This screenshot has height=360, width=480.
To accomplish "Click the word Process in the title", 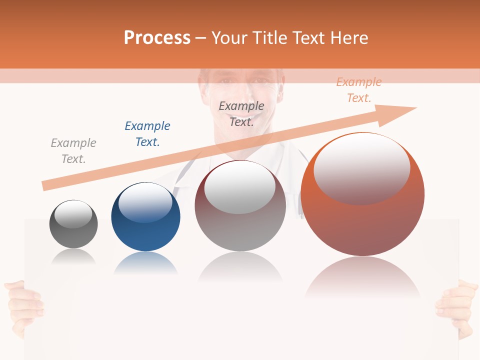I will (x=157, y=38).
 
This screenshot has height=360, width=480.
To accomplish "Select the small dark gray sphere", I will (x=73, y=224).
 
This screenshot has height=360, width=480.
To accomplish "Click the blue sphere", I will (x=145, y=217).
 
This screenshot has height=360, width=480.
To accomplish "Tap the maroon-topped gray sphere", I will (x=240, y=205).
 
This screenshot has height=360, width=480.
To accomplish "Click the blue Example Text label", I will (x=147, y=134).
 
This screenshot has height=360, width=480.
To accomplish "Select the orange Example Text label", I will (x=359, y=90).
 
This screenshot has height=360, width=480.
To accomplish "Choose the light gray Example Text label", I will (x=73, y=151).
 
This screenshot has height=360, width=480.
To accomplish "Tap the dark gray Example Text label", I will (x=241, y=114).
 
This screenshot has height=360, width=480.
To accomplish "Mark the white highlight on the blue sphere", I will (x=145, y=203).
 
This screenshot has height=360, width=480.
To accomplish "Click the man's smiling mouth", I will (x=242, y=109).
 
